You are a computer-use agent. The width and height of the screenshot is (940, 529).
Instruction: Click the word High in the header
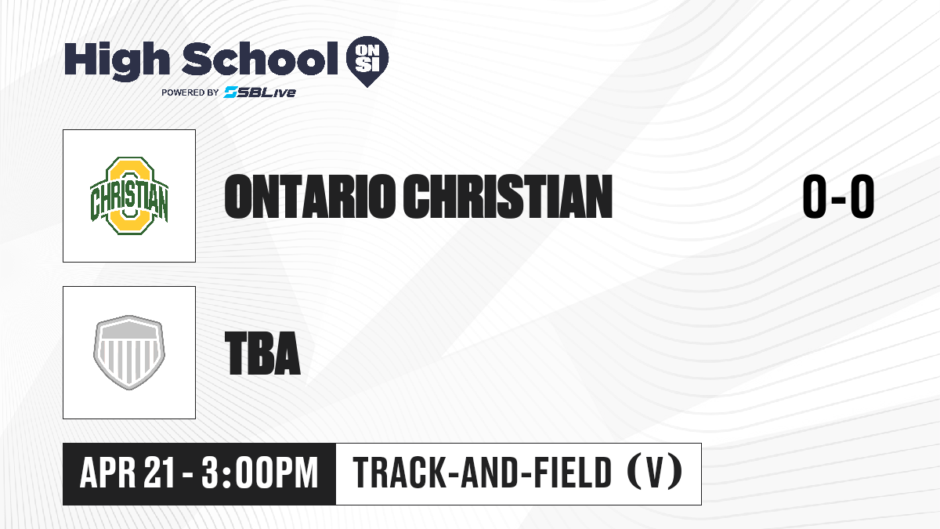117,60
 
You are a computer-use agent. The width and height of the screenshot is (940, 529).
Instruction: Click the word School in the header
260,59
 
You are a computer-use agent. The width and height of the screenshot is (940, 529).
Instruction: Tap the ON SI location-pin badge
367,61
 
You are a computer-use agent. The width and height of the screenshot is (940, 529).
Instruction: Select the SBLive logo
260,92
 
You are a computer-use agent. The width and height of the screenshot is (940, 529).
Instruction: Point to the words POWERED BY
190,92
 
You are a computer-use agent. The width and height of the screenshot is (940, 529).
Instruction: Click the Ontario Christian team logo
129,196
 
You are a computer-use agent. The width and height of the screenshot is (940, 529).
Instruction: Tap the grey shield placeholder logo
129,353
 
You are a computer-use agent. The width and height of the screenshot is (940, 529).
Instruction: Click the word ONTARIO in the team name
310,197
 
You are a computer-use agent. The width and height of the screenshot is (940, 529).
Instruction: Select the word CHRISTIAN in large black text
508,197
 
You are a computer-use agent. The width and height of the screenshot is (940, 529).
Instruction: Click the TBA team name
262,353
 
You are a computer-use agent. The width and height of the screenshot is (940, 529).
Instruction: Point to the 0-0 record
838,197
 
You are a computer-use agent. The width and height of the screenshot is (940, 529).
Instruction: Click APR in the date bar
108,473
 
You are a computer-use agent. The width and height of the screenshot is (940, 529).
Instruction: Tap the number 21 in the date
158,473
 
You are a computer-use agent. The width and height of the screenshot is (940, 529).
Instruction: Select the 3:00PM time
260,473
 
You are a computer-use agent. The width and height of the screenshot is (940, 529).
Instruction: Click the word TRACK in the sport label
398,473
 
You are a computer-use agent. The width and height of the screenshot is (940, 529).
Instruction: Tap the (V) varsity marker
656,472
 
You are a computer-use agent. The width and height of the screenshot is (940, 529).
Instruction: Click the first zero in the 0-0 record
814,197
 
